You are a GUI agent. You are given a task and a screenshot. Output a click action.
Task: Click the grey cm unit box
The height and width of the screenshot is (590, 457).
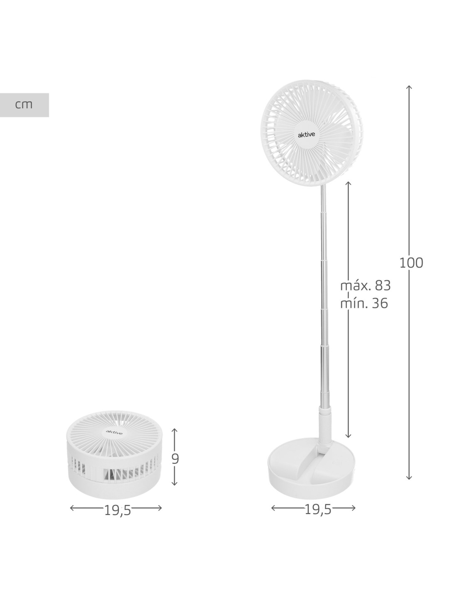pos(24,105)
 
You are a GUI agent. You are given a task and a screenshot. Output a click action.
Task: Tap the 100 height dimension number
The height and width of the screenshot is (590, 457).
pos(411,263)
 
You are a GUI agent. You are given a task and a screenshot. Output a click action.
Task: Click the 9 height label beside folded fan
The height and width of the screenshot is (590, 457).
pos(175,458)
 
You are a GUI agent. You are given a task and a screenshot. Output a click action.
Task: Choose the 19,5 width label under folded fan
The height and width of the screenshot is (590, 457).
pos(118,511)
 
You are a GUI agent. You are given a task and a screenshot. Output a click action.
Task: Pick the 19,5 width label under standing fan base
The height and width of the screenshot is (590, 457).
pos(318,510)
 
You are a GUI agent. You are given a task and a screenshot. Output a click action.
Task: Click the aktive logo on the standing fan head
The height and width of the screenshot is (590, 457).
pos(306,135)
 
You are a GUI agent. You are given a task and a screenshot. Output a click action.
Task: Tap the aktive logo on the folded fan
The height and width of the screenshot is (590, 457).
pos(114,432)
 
